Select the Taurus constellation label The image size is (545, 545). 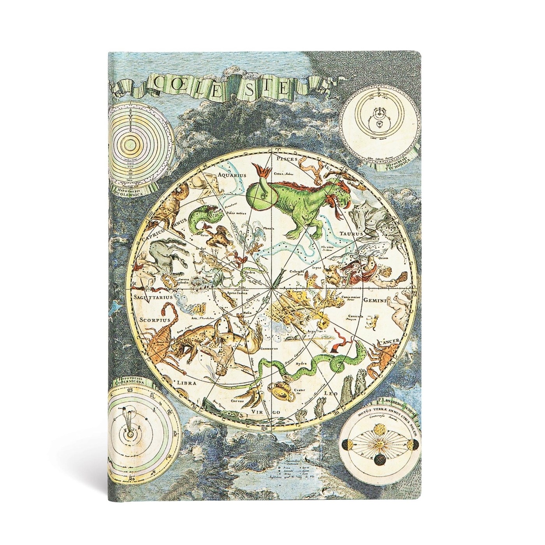[352, 234]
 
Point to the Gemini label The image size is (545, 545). [374, 301]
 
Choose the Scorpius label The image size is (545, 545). [155, 319]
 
